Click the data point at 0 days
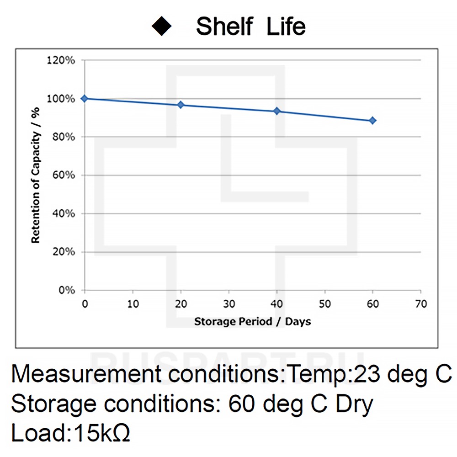pos(84,98)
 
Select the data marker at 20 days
pos(181,105)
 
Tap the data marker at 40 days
pos(276,111)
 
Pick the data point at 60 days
pos(372,120)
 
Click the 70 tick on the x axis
pos(420,304)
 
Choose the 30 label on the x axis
pos(228,304)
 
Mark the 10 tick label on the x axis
pos(133,304)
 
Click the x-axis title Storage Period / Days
pos(252,322)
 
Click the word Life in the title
pos(286,27)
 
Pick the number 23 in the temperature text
pos(366,375)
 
